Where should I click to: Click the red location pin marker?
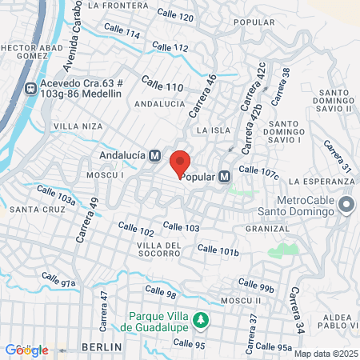tap(181, 161)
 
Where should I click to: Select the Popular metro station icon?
tap(225, 176)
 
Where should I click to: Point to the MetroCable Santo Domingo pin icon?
tap(346, 205)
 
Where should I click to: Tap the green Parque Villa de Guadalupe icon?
tap(202, 321)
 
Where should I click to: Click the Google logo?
tap(26, 350)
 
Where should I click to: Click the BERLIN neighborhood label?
tap(102, 347)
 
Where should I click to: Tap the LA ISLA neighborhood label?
tap(213, 130)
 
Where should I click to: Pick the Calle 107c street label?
tap(258, 171)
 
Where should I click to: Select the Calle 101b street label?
tap(218, 250)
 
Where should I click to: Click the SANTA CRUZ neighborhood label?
tap(31, 210)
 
